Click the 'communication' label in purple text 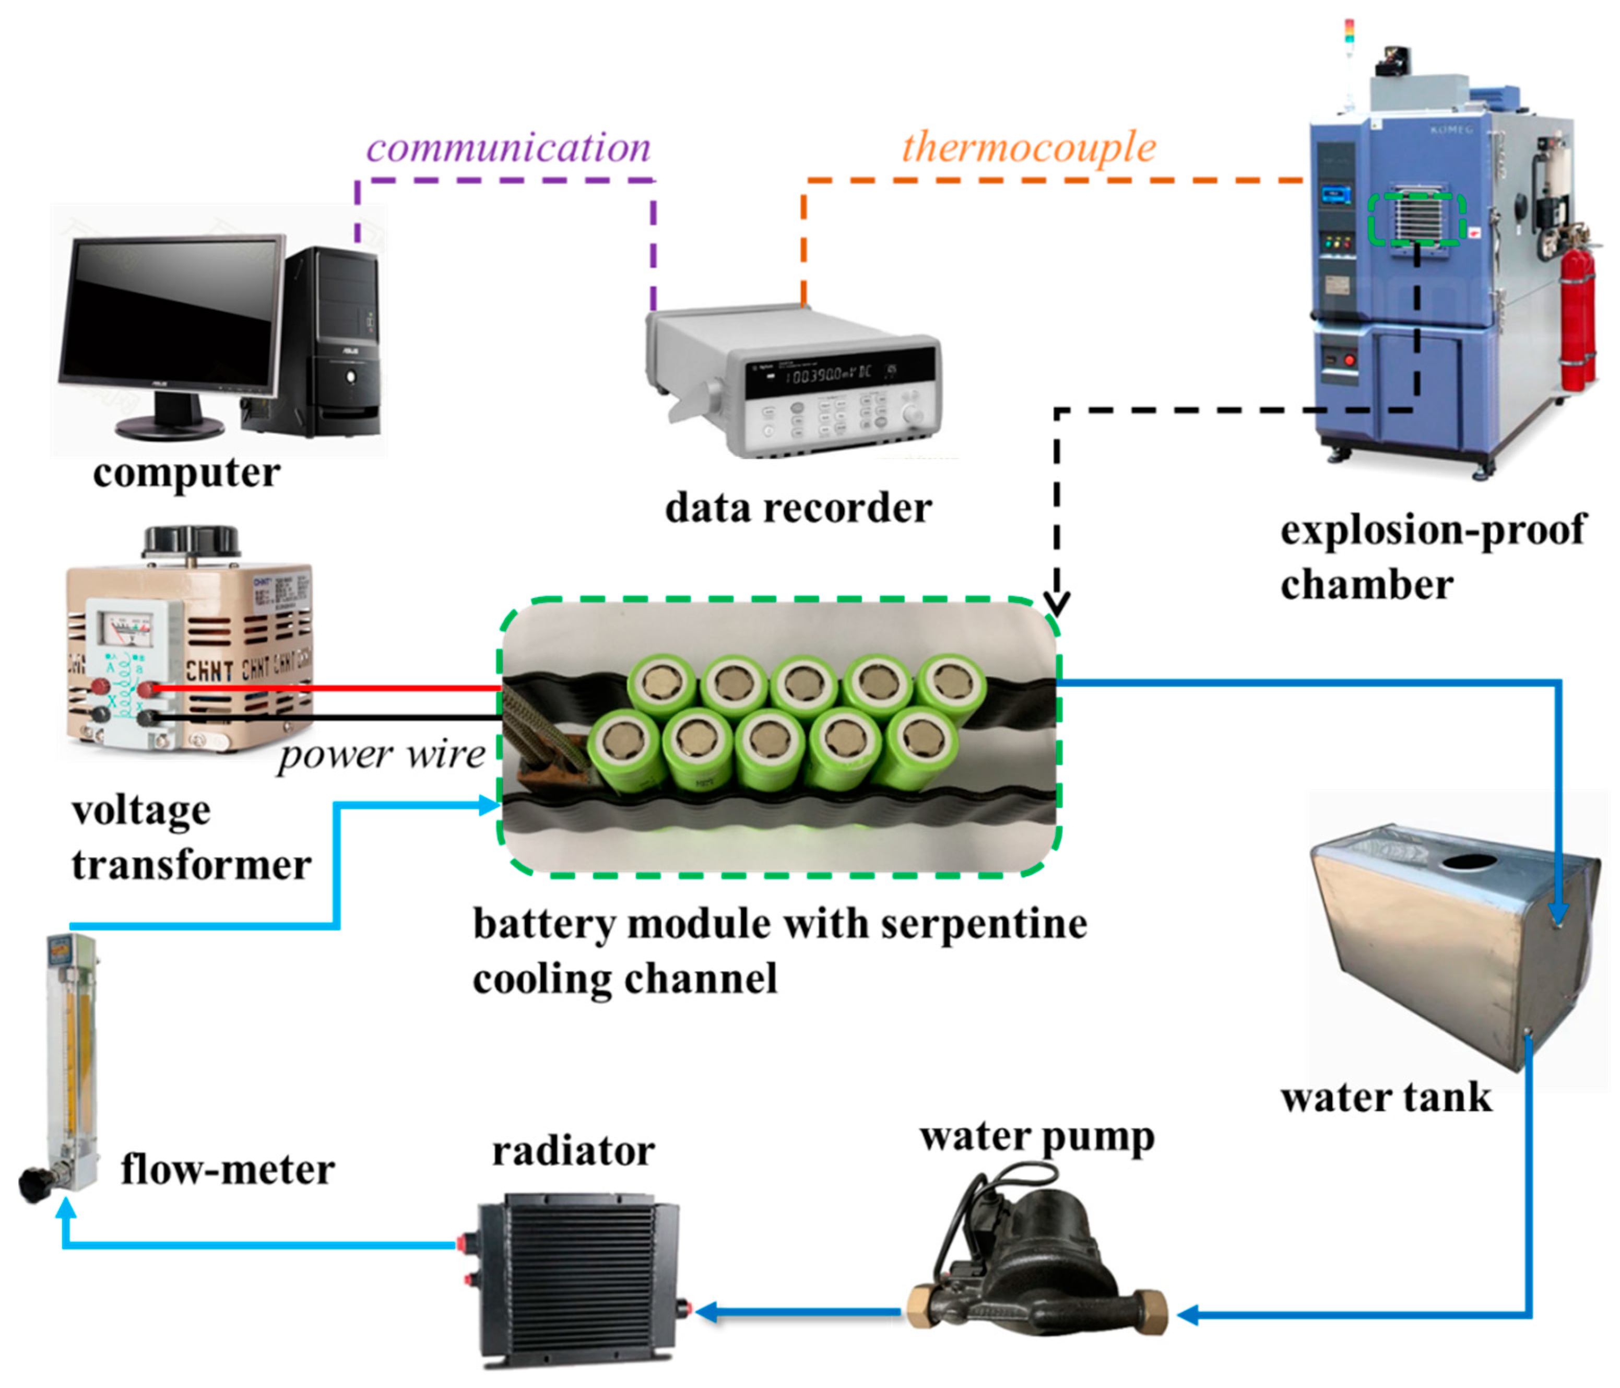[x=508, y=148]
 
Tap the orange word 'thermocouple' [x=1029, y=148]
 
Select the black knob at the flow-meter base [x=33, y=1185]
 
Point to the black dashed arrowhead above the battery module [x=1057, y=604]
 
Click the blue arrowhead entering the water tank [x=1558, y=915]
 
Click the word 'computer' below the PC [x=186, y=473]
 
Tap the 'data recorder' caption [x=798, y=508]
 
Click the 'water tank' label [x=1386, y=1097]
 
